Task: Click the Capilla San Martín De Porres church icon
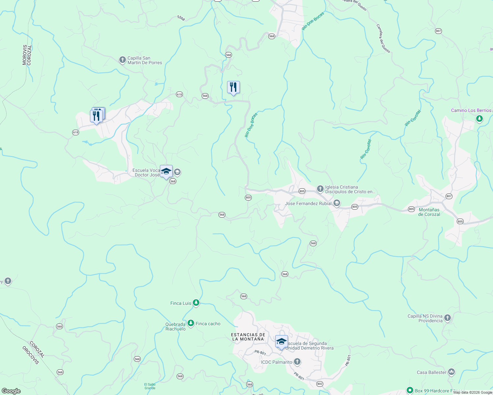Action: (122, 60)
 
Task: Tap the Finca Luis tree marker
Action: (196, 303)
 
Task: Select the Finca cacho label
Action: (208, 324)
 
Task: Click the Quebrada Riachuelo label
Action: (175, 327)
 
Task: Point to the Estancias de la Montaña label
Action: (248, 337)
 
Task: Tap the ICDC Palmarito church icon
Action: (297, 362)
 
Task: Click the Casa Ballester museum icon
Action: (451, 372)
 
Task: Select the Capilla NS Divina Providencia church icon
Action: (447, 318)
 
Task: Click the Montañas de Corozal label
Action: (429, 212)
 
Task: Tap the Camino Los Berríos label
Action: (471, 110)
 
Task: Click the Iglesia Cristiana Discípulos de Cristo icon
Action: (320, 189)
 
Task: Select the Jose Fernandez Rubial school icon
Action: (336, 203)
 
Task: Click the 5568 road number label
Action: (181, 18)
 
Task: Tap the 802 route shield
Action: (320, 384)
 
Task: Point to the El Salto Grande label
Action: (150, 386)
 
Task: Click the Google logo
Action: (11, 391)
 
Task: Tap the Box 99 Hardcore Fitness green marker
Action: (410, 390)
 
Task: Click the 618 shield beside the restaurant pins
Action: (75, 132)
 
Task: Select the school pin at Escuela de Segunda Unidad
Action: (281, 342)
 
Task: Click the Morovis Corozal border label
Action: (27, 55)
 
